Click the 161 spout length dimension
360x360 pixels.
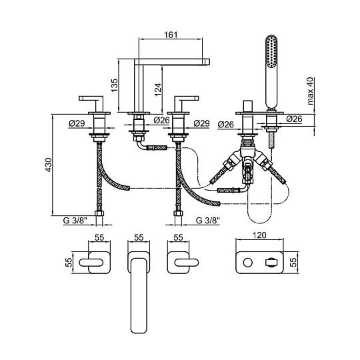[x=171, y=35]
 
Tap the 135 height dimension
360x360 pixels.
[x=114, y=85]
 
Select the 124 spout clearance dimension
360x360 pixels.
[x=158, y=89]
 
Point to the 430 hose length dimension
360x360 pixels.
[x=49, y=165]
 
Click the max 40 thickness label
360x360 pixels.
[x=310, y=91]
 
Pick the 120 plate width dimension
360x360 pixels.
[x=259, y=235]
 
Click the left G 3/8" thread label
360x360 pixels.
[x=75, y=221]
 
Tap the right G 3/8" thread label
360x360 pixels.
[x=208, y=221]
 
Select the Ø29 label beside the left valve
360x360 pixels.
[x=77, y=123]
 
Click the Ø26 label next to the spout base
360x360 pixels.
[x=161, y=120]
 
